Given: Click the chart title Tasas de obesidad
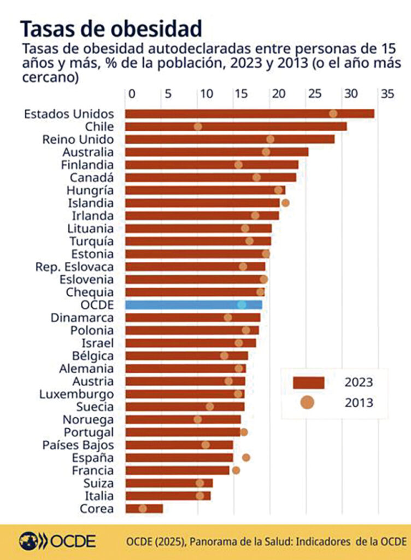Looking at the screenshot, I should coord(111,28).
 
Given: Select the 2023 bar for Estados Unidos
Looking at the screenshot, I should coord(249,114).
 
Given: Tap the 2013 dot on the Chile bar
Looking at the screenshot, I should coord(198,127).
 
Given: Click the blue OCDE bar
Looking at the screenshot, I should coord(193,305).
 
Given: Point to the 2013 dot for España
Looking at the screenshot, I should coord(246,458).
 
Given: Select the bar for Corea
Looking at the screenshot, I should coord(144,509).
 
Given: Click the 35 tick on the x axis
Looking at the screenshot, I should coord(387,94).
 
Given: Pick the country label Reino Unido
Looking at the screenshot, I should coord(78,139).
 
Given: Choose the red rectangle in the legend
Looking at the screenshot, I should coord(308,382).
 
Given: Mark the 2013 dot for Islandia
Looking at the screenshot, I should coord(285,203).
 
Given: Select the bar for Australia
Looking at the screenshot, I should coord(216,152).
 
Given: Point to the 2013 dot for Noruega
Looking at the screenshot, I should coord(198,419).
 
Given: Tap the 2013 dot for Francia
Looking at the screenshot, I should coord(236,470).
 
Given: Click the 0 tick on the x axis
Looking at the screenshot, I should coord(132,94).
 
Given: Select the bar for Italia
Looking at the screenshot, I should coord(168,496).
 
